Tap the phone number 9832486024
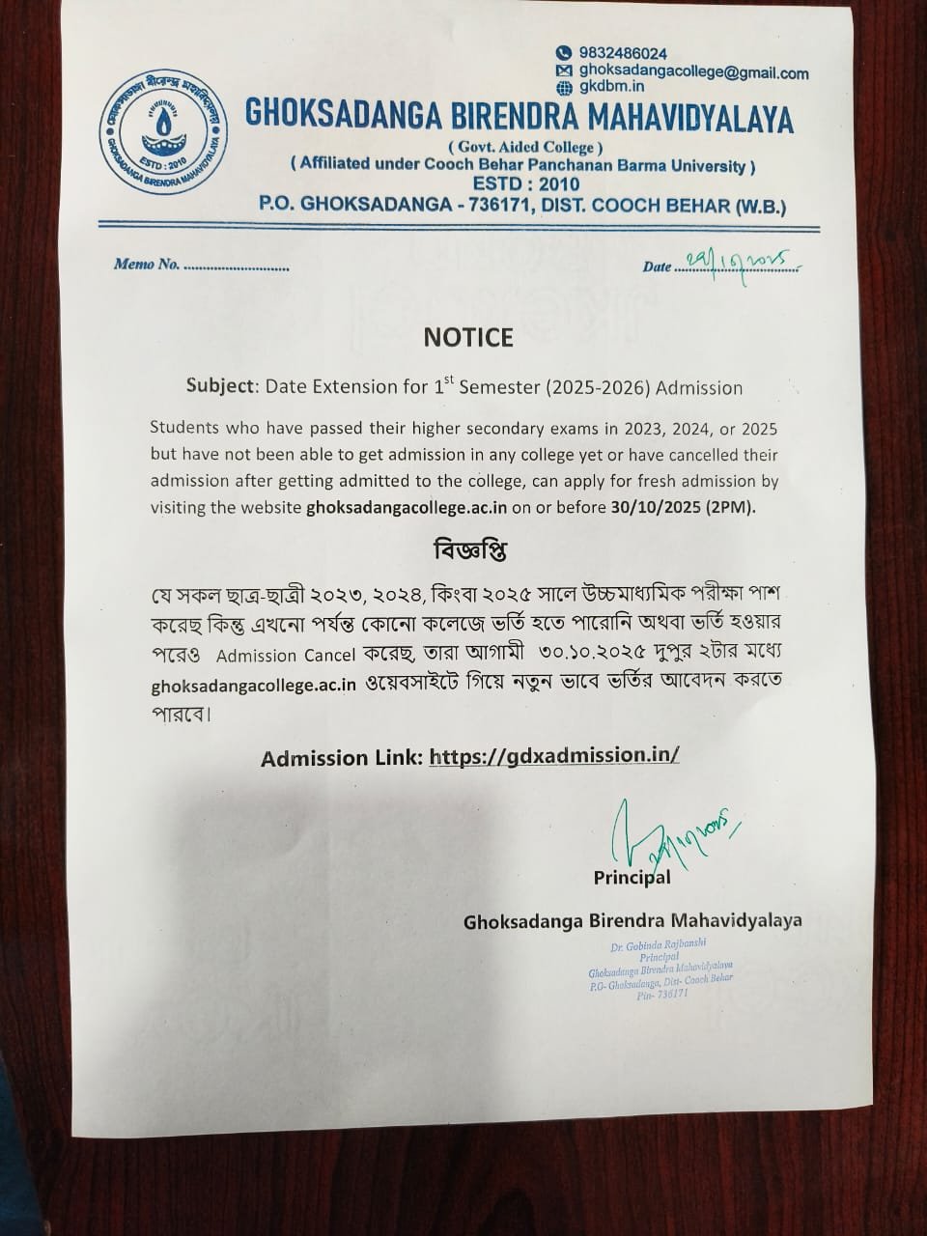[623, 54]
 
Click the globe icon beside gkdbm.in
[564, 89]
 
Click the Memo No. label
[147, 265]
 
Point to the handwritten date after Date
[736, 261]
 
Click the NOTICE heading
[468, 337]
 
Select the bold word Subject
[222, 388]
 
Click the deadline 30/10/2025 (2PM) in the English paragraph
[681, 507]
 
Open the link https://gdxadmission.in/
[554, 756]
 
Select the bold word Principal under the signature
[632, 878]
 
